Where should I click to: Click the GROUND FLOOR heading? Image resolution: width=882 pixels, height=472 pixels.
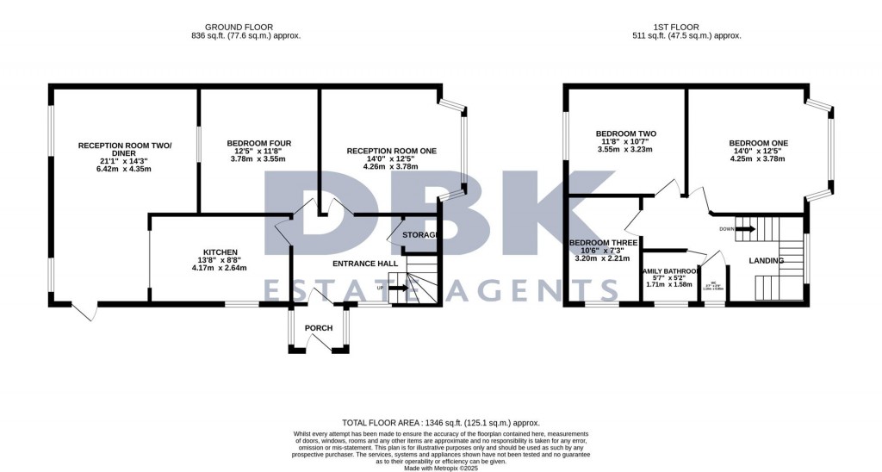tap(245, 27)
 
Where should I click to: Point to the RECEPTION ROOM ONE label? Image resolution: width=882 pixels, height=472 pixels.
tap(392, 151)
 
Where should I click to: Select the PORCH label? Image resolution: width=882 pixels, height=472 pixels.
tap(319, 328)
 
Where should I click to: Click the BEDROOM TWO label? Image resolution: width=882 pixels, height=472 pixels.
tap(626, 134)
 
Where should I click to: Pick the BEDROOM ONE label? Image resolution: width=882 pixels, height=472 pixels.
tap(758, 143)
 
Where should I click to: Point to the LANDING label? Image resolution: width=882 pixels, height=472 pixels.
tap(767, 260)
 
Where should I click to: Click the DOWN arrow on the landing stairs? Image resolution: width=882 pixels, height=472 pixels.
tap(742, 229)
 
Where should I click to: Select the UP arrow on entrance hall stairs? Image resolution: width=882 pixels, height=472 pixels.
tap(398, 288)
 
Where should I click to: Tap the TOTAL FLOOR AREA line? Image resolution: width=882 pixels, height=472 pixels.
tap(441, 423)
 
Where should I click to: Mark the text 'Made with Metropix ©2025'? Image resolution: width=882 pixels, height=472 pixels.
tap(441, 467)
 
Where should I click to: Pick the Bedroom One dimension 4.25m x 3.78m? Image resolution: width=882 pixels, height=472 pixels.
tap(758, 158)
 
